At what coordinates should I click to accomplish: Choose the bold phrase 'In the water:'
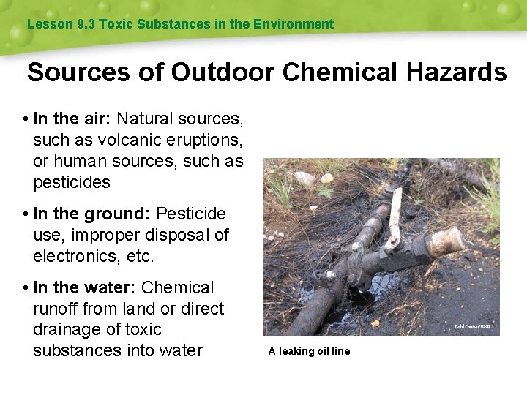85,287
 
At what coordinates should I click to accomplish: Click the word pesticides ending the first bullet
72,181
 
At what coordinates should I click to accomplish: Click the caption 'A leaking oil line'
309,351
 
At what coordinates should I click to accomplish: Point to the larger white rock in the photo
304,178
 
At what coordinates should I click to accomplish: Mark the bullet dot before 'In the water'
26,288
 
